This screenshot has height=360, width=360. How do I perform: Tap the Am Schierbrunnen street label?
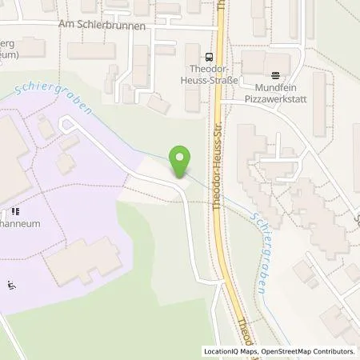pos(102,26)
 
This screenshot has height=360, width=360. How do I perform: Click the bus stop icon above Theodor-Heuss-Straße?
pos(209,57)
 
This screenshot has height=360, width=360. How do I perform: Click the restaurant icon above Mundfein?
pos(276,77)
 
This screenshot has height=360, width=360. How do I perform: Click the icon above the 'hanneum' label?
pos(15,213)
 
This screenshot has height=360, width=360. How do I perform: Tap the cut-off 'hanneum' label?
pos(19,225)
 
